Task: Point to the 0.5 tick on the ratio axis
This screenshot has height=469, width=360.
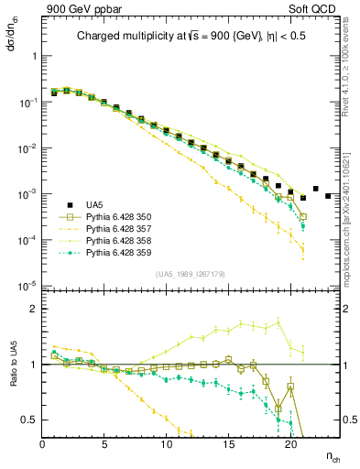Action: click(x=31, y=420)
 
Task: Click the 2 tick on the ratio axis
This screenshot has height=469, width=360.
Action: click(x=34, y=309)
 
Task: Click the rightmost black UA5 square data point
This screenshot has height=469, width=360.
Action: click(x=328, y=196)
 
